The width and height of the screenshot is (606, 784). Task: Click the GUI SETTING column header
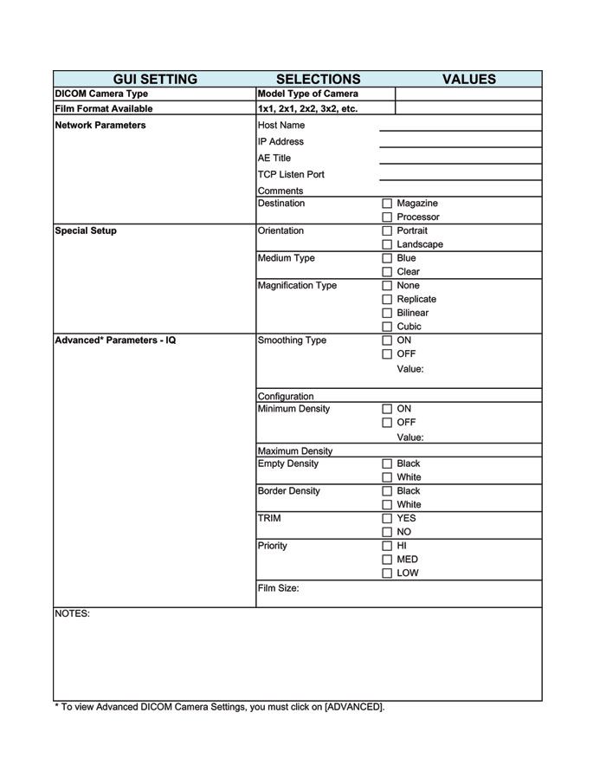click(155, 79)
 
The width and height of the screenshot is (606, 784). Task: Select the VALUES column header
click(468, 79)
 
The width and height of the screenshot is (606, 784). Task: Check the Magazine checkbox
click(387, 204)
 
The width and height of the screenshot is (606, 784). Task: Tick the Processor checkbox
click(387, 217)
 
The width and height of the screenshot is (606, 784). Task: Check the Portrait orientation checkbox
click(387, 231)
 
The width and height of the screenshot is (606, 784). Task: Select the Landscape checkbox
click(387, 245)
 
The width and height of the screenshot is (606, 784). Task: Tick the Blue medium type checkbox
click(387, 259)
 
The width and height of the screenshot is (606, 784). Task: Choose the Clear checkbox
click(387, 272)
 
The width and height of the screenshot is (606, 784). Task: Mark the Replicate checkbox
click(387, 300)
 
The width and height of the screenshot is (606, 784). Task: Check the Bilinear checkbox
click(387, 314)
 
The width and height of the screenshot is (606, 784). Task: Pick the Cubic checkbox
click(387, 327)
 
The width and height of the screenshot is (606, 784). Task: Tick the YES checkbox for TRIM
click(387, 519)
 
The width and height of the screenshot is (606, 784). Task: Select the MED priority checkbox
click(387, 560)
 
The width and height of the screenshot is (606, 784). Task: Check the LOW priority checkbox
click(387, 573)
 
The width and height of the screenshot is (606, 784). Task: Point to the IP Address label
click(280, 141)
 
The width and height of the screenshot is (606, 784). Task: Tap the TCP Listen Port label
click(291, 174)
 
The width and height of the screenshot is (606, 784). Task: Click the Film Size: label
click(278, 588)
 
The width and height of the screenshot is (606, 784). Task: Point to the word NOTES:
click(72, 614)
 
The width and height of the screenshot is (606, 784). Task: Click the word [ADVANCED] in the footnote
click(353, 707)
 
